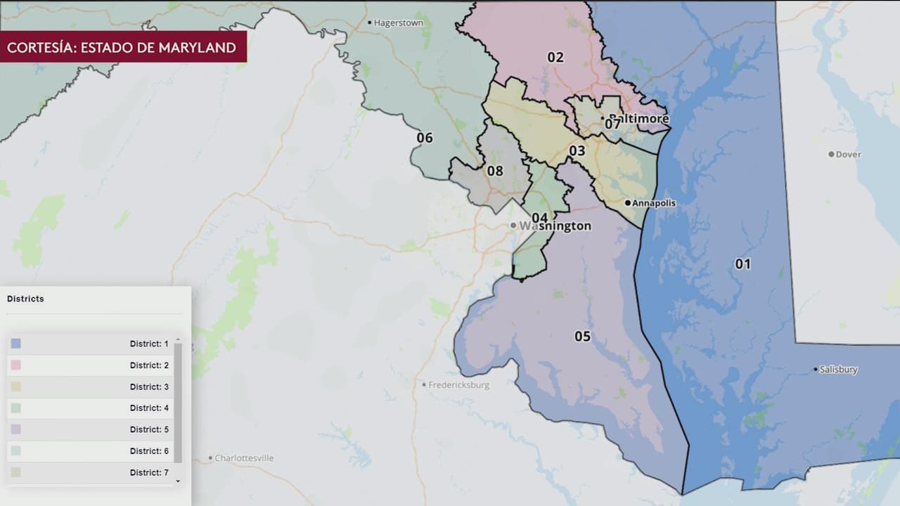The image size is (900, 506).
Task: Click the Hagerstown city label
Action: pyautogui.click(x=398, y=22)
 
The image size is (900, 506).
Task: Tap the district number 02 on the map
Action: pyautogui.click(x=555, y=57)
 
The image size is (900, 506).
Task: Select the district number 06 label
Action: pyautogui.click(x=425, y=138)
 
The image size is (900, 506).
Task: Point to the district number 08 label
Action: pyautogui.click(x=495, y=171)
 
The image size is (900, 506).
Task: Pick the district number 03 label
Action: pyautogui.click(x=577, y=150)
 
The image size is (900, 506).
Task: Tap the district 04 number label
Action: pyautogui.click(x=539, y=218)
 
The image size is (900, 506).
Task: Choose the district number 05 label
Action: pyautogui.click(x=582, y=337)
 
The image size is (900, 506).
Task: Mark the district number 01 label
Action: pyautogui.click(x=742, y=264)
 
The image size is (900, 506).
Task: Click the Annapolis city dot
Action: pyautogui.click(x=628, y=203)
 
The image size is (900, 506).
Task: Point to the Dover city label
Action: pyautogui.click(x=848, y=155)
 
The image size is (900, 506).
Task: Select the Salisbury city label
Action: pyautogui.click(x=838, y=370)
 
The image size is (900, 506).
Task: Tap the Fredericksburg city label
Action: pyautogui.click(x=458, y=385)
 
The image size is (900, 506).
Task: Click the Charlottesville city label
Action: pyautogui.click(x=244, y=458)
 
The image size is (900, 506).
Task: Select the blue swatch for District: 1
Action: pyautogui.click(x=15, y=344)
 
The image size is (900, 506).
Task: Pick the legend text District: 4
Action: pyautogui.click(x=149, y=408)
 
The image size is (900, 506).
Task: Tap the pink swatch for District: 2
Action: pyautogui.click(x=15, y=365)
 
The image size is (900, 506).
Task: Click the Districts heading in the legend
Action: pyautogui.click(x=25, y=299)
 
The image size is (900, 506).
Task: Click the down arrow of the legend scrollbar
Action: pyautogui.click(x=178, y=481)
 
